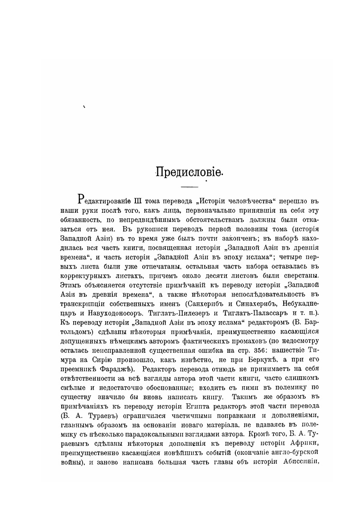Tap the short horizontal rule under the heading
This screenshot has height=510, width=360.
189,187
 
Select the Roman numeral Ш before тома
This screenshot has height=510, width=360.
138,200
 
